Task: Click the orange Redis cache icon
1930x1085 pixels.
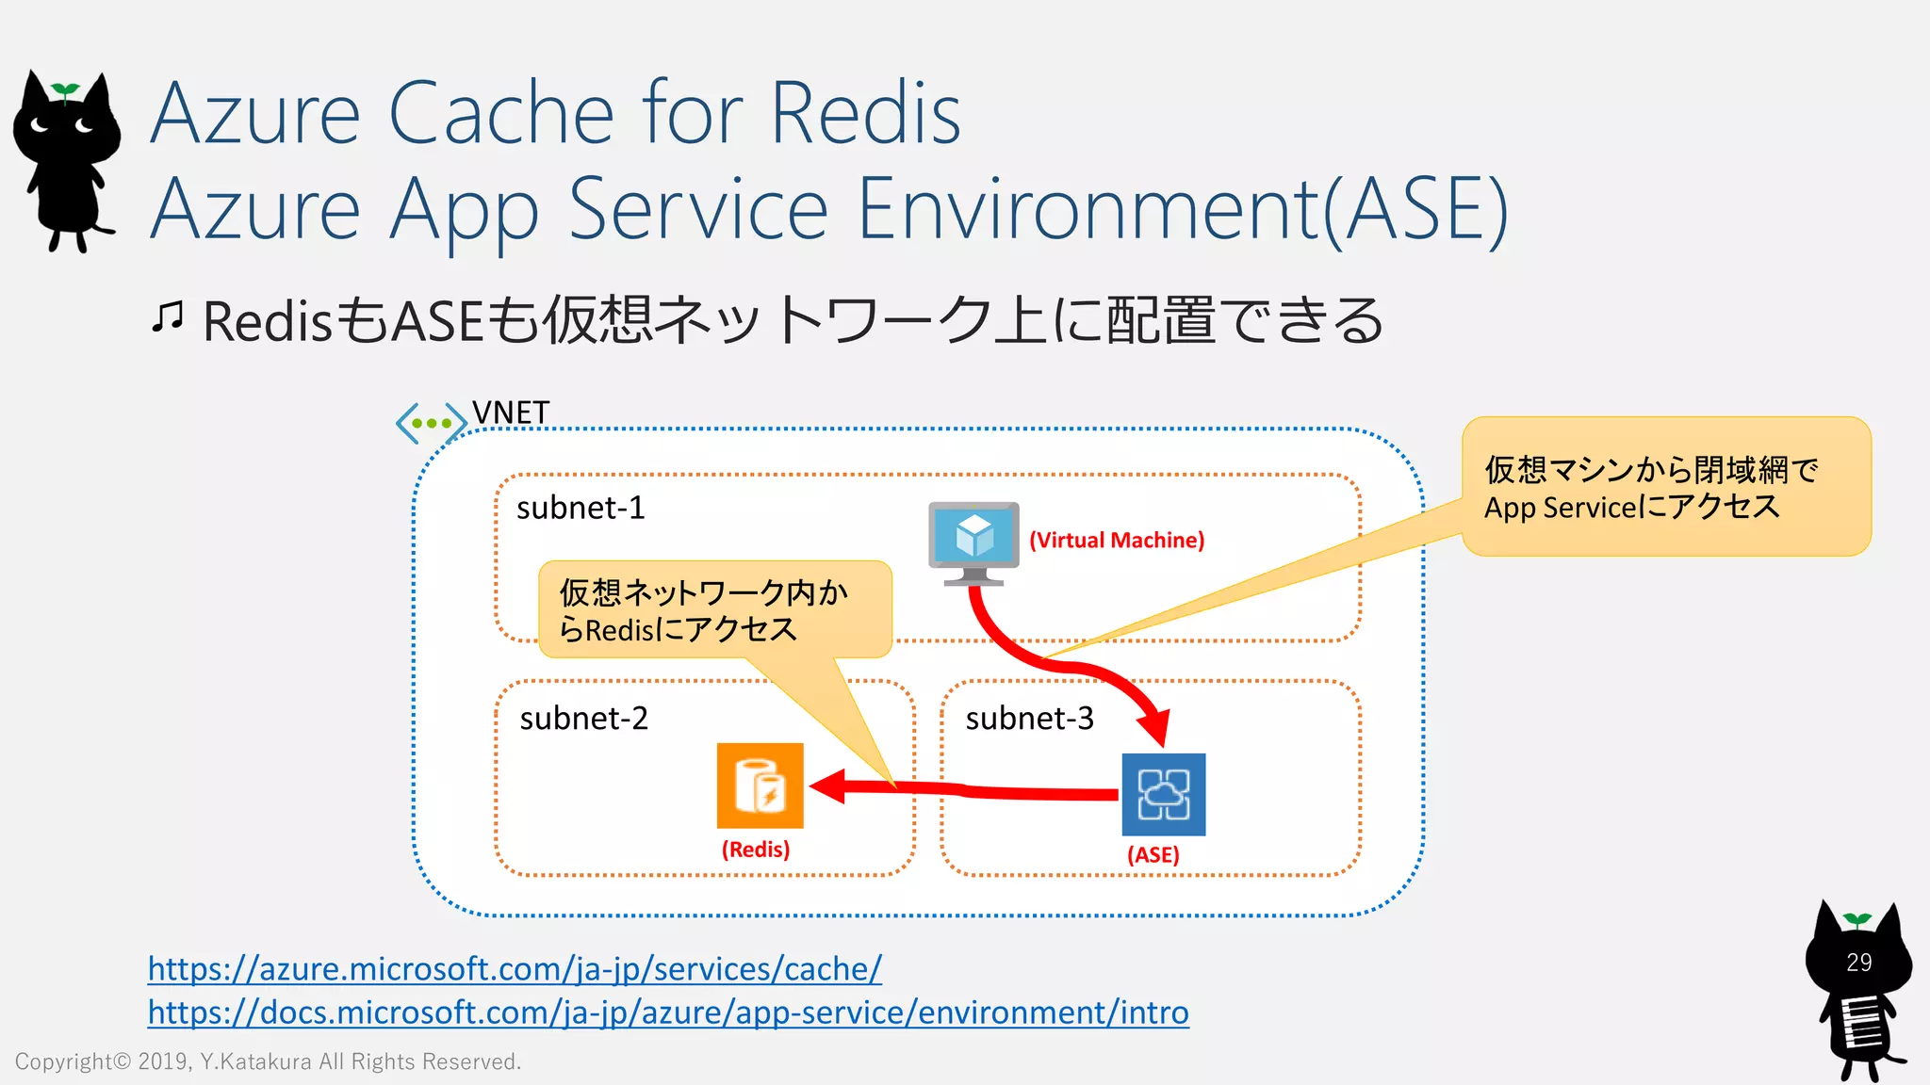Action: coord(760,785)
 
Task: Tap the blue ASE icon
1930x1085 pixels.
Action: coord(1163,794)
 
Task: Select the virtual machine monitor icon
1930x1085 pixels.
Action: coord(973,542)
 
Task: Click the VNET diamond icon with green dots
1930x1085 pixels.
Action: coord(431,423)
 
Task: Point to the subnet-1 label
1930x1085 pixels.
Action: coord(581,509)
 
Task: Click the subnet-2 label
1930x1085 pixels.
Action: coord(583,719)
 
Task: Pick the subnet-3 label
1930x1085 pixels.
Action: coord(1029,719)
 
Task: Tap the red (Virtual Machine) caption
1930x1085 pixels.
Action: coord(1116,541)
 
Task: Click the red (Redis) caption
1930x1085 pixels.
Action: coord(756,850)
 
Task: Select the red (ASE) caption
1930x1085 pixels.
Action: coord(1153,855)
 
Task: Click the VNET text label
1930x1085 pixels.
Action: coord(511,413)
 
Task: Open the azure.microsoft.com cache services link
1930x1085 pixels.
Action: coord(515,969)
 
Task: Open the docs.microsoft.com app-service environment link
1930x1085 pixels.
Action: coord(667,1012)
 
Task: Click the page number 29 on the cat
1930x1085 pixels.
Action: coord(1858,963)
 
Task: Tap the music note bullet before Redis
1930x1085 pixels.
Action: coord(168,317)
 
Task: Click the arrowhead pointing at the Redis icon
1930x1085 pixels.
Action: coord(827,785)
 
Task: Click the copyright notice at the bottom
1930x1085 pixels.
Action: coord(268,1061)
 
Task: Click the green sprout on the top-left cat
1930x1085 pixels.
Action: coord(65,90)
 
